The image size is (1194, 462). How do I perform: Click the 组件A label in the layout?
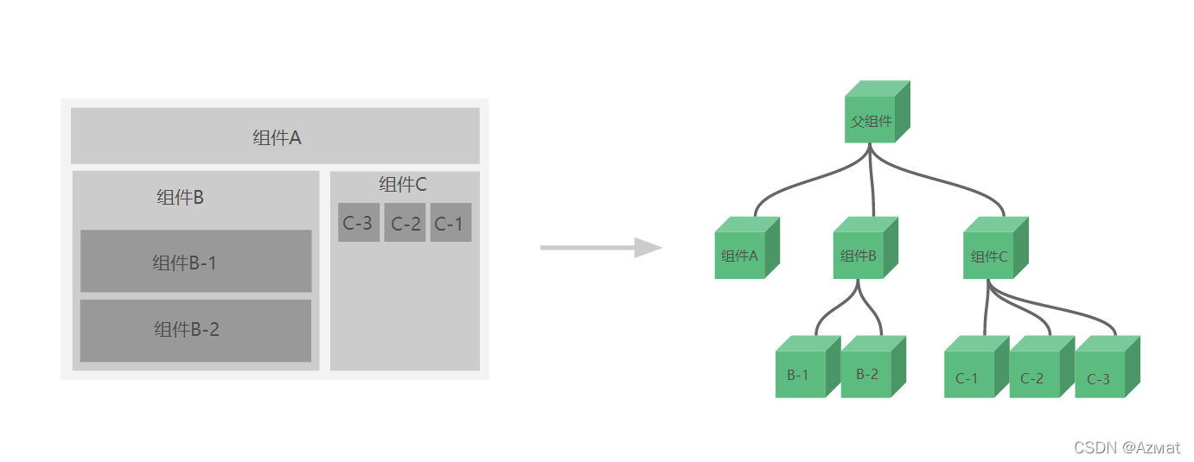coord(277,137)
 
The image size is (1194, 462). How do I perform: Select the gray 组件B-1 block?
coord(195,262)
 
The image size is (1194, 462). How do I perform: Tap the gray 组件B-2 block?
coord(195,330)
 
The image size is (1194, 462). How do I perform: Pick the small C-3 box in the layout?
coord(358,223)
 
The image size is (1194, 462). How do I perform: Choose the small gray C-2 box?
coord(405,223)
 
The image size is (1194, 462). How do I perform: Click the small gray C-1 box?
coord(450,223)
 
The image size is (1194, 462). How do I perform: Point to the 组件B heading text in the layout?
coord(180,197)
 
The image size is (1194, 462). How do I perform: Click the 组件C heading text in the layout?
coord(403,185)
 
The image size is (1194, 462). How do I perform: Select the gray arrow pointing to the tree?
coord(600,248)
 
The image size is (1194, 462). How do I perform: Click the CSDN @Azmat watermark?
coord(1127,447)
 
